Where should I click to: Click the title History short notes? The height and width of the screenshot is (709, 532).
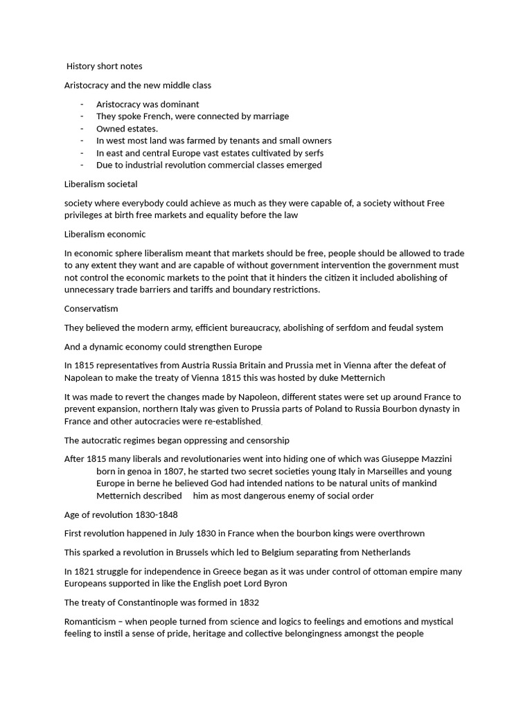coord(105,66)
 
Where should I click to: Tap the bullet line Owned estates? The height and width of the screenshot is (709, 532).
coord(127,128)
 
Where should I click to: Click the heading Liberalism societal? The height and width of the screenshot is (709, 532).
coord(100,184)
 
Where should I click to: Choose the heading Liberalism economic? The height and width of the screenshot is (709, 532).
coord(105,234)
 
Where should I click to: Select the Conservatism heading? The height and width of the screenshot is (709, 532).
coord(91,309)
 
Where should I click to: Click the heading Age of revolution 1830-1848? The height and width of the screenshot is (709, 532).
coord(121,514)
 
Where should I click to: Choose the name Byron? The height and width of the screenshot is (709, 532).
coord(272,584)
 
